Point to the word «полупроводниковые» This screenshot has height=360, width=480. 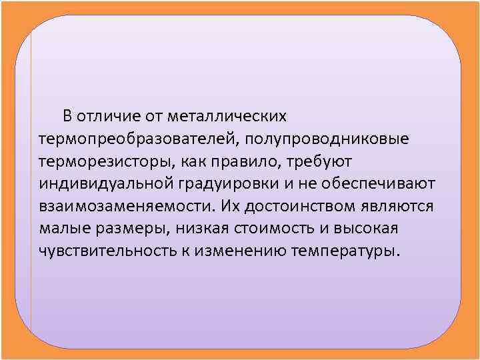[x=328, y=139]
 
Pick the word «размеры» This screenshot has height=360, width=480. [x=137, y=228]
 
